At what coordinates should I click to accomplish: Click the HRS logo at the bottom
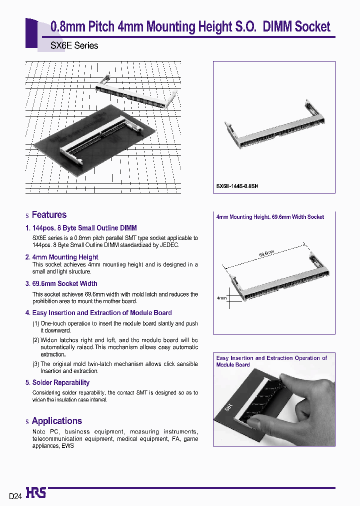coord(36,493)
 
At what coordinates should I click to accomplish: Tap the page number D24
coord(15,496)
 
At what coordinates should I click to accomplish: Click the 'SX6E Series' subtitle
coord(74,45)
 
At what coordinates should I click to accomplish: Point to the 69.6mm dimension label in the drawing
coord(267,253)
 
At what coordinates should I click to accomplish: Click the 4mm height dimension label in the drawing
coord(221,298)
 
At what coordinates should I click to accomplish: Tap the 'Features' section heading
coord(48,215)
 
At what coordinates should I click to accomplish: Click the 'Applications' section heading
coord(56,421)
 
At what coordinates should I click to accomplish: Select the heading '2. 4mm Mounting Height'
coord(61,257)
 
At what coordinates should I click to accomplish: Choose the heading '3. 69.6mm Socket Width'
coord(61,283)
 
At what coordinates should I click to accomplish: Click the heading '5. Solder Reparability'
coord(57,382)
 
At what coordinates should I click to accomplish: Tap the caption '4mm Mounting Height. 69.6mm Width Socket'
coord(269,217)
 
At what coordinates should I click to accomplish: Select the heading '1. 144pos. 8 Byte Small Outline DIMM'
coord(81,228)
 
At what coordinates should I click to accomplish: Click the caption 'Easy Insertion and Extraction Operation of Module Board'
coord(271,361)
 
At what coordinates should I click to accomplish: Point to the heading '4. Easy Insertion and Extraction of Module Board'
coord(98,312)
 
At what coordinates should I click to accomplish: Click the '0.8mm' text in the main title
coord(68,27)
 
